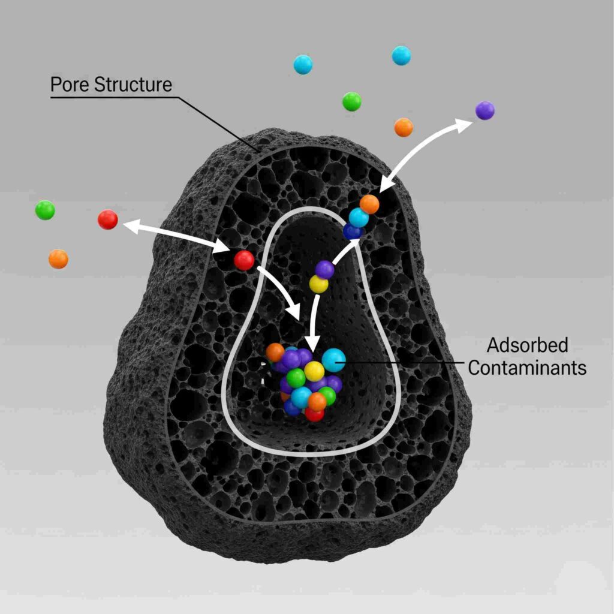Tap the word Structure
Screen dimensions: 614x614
pyautogui.click(x=133, y=85)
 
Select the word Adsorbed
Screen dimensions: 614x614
pyautogui.click(x=527, y=346)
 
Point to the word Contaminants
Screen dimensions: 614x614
pyautogui.click(x=527, y=368)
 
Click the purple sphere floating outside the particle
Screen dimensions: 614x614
pyautogui.click(x=484, y=110)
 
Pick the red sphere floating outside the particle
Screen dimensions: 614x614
pyautogui.click(x=108, y=219)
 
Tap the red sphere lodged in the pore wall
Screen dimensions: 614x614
pyautogui.click(x=243, y=260)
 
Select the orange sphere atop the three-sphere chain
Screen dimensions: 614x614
pyautogui.click(x=369, y=204)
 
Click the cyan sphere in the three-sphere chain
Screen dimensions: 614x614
pyautogui.click(x=359, y=217)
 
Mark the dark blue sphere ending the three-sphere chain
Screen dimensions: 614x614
pyautogui.click(x=353, y=231)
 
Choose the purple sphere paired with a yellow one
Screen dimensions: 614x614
pyautogui.click(x=324, y=269)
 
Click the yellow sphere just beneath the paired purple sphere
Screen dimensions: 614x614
pyautogui.click(x=318, y=284)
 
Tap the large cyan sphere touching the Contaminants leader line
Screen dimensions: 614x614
pyautogui.click(x=333, y=360)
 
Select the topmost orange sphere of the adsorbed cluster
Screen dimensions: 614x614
pyautogui.click(x=275, y=352)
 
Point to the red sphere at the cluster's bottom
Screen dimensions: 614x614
pyautogui.click(x=314, y=414)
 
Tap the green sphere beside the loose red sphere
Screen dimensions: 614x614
pyautogui.click(x=45, y=210)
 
